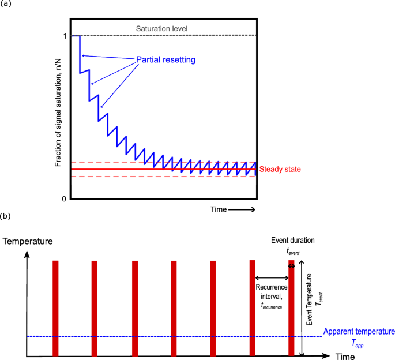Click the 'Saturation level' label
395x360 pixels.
pyautogui.click(x=161, y=28)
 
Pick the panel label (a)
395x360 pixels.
pyautogui.click(x=6, y=5)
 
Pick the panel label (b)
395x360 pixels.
pyautogui.click(x=6, y=217)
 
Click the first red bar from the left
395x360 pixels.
pyautogui.click(x=55, y=308)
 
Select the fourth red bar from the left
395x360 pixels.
pyautogui.click(x=174, y=308)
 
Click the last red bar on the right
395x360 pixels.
pyautogui.click(x=291, y=308)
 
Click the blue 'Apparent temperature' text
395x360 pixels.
pyautogui.click(x=359, y=332)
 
